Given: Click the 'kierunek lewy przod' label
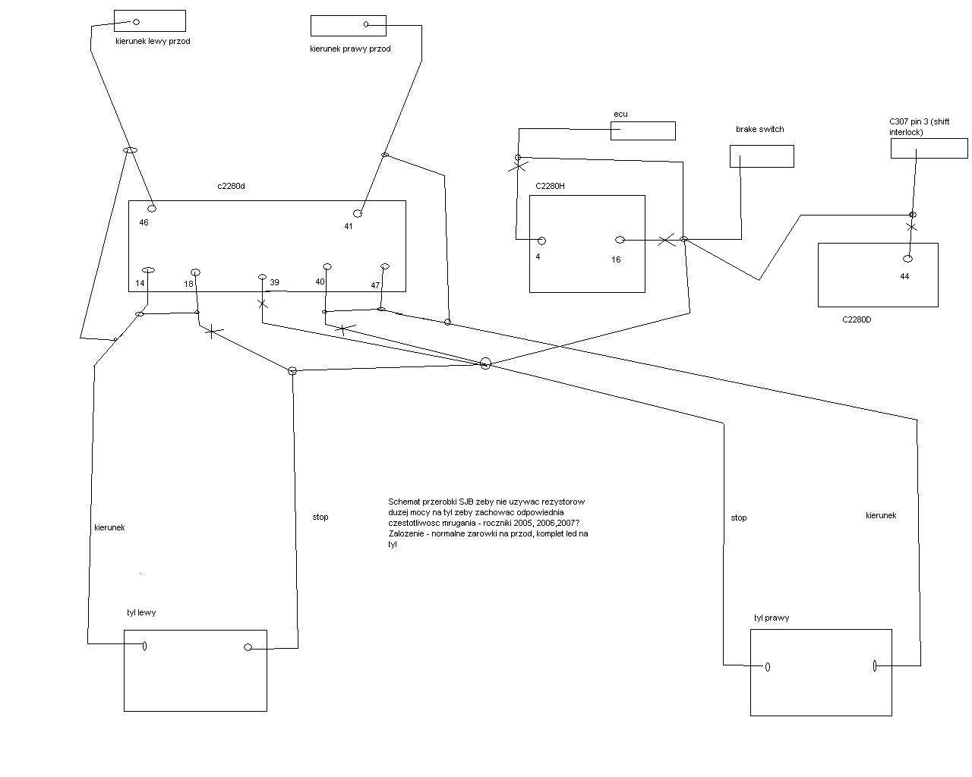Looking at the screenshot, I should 153,41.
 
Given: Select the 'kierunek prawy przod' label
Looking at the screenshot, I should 350,49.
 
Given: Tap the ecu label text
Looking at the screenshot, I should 620,114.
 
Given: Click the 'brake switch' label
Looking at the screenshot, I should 759,129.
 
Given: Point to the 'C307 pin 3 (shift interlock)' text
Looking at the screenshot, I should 919,127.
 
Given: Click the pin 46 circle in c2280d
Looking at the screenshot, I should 152,208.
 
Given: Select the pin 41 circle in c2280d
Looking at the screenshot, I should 358,213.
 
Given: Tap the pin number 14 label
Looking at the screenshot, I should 140,284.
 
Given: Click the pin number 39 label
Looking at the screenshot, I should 274,282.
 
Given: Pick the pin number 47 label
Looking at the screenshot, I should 375,285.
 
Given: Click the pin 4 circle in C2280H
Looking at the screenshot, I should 541,241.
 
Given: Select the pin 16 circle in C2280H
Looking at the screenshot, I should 620,240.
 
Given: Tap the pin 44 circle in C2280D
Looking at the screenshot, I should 907,259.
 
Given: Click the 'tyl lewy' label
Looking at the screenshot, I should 141,612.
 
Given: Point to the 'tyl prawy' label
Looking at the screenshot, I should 771,618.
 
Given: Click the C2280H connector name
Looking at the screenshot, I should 550,186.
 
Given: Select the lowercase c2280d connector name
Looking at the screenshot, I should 231,186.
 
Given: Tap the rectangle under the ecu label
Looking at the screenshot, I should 642,131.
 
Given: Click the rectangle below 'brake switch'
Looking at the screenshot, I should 762,156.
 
